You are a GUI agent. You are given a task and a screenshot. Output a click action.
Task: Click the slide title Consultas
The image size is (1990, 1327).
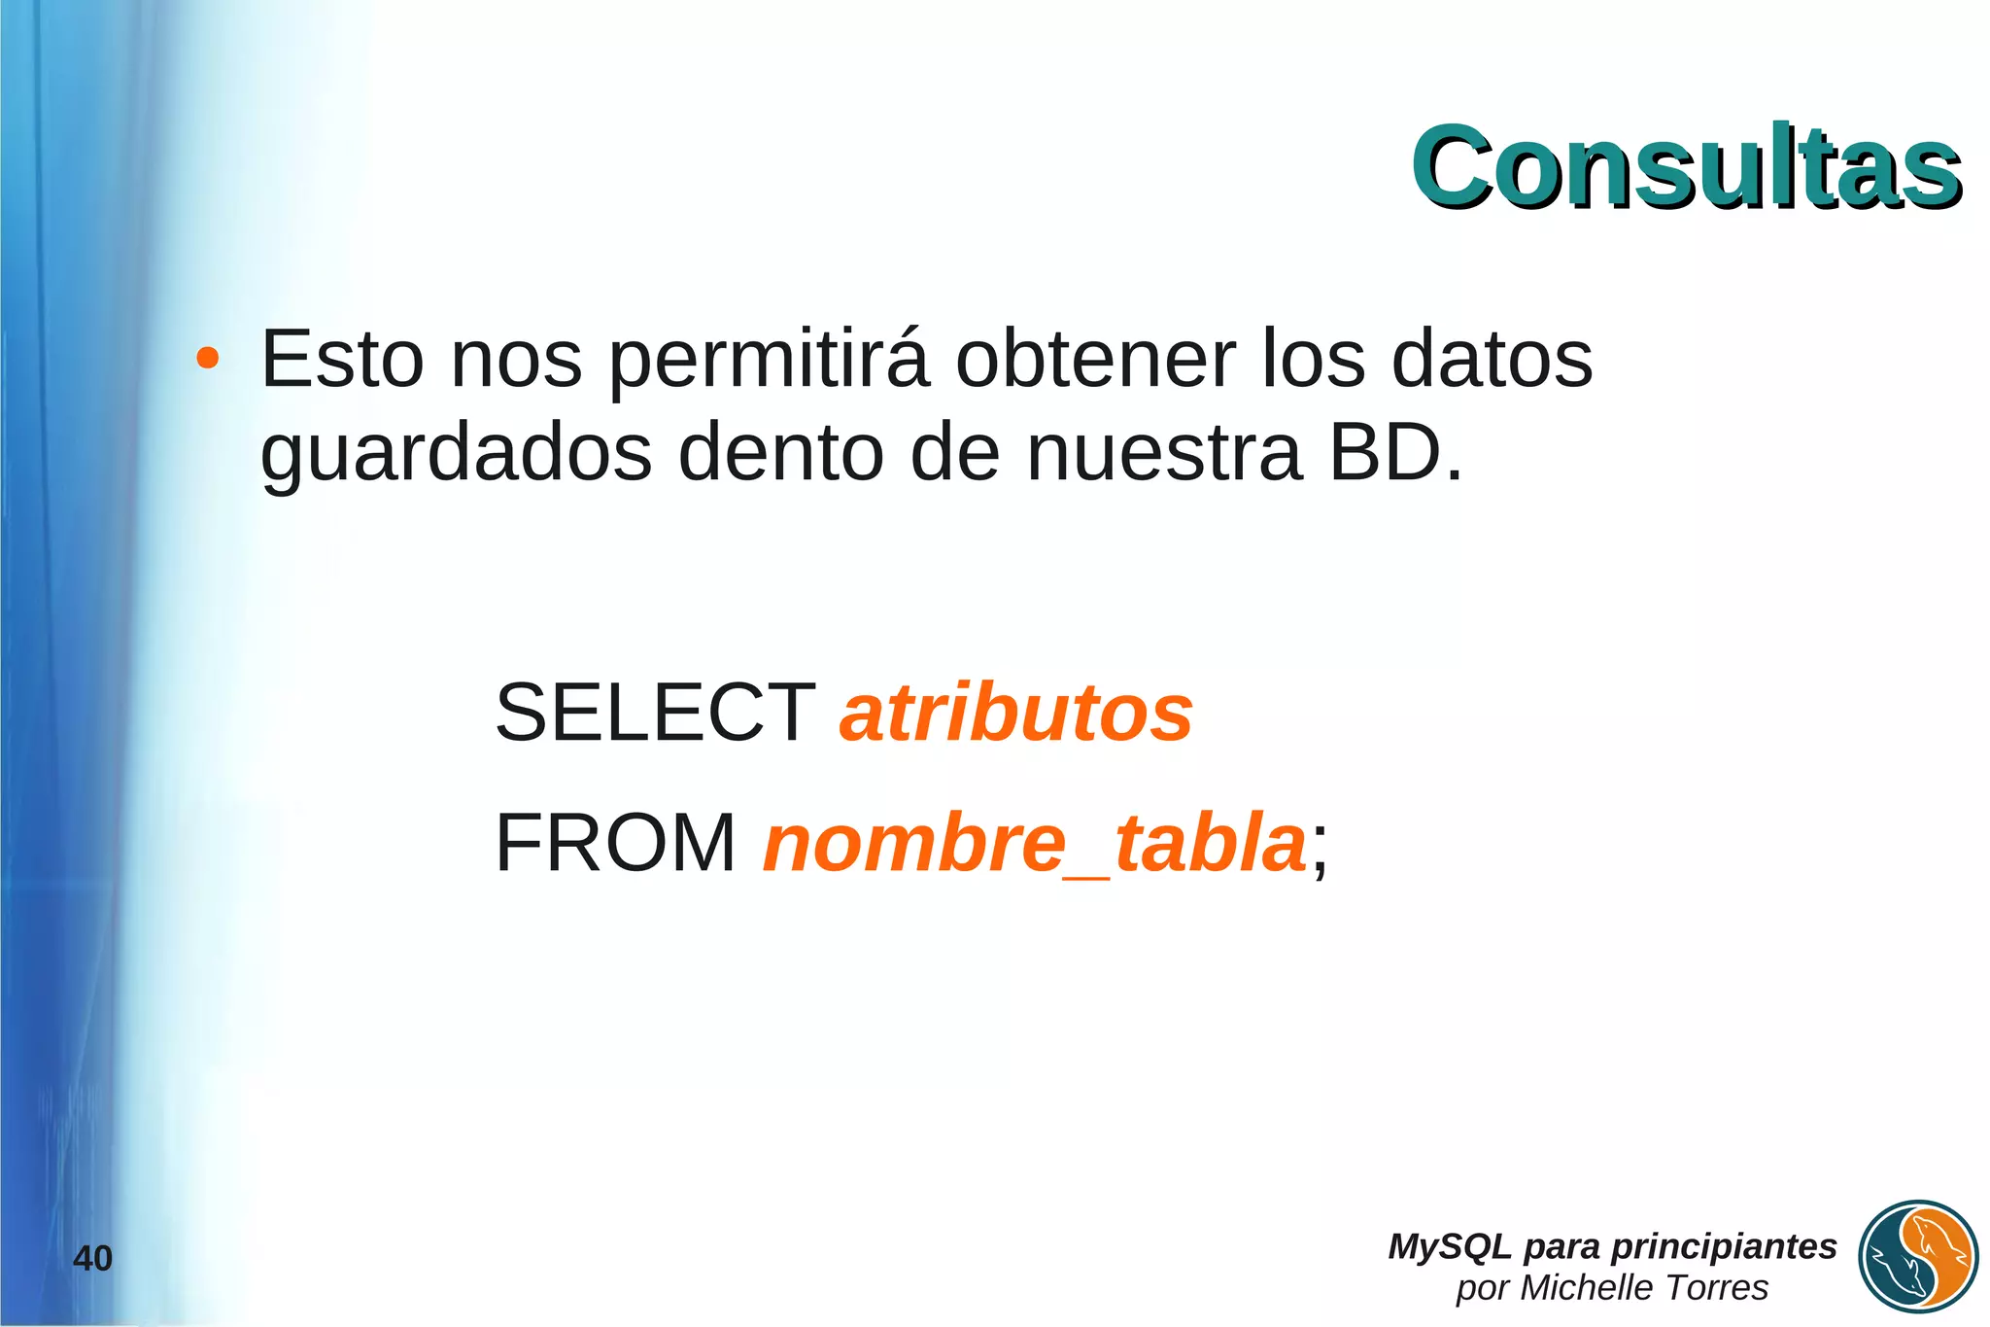(x=1686, y=167)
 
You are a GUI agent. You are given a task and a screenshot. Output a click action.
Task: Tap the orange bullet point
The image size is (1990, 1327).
(x=207, y=359)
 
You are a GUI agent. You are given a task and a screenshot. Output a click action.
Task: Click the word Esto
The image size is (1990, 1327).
(x=342, y=359)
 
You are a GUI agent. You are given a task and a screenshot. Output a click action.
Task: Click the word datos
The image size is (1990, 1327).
(x=1492, y=359)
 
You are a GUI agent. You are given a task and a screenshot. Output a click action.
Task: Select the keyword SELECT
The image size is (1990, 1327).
(x=655, y=713)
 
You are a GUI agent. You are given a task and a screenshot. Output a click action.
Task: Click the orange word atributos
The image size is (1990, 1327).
(x=1016, y=713)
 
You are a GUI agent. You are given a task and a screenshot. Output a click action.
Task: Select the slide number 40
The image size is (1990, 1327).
(x=93, y=1259)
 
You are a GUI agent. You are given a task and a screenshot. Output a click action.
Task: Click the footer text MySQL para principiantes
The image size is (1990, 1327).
(x=1612, y=1246)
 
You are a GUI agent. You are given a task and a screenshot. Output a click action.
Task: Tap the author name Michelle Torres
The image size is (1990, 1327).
(x=1643, y=1288)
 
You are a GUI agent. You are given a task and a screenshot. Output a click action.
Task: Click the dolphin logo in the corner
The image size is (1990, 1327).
(x=1918, y=1256)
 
